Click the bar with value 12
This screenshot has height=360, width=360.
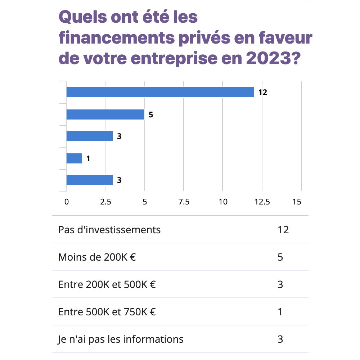coord(160,92)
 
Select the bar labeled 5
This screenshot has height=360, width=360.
coord(105,114)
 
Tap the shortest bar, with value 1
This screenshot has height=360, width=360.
coord(74,158)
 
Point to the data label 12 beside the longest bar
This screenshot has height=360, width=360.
coord(262,92)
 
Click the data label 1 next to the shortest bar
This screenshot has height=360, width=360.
coord(88,158)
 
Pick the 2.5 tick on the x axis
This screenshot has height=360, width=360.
coord(105,202)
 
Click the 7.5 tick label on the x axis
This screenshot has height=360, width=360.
coord(184,202)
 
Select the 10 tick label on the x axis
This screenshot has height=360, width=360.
coord(223,202)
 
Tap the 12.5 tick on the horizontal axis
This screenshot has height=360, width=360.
coord(262,202)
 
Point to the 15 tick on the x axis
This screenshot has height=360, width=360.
coord(297,202)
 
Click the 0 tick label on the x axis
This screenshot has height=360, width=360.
coord(67,202)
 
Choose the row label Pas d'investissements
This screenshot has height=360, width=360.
coord(109,230)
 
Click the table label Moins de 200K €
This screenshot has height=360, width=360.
coord(97,257)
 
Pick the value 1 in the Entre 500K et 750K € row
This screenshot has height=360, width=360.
coord(280,312)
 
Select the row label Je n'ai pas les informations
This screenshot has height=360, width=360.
coord(121,339)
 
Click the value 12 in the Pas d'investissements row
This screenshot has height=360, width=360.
coord(283,230)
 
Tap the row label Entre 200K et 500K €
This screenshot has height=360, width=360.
coord(107,284)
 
